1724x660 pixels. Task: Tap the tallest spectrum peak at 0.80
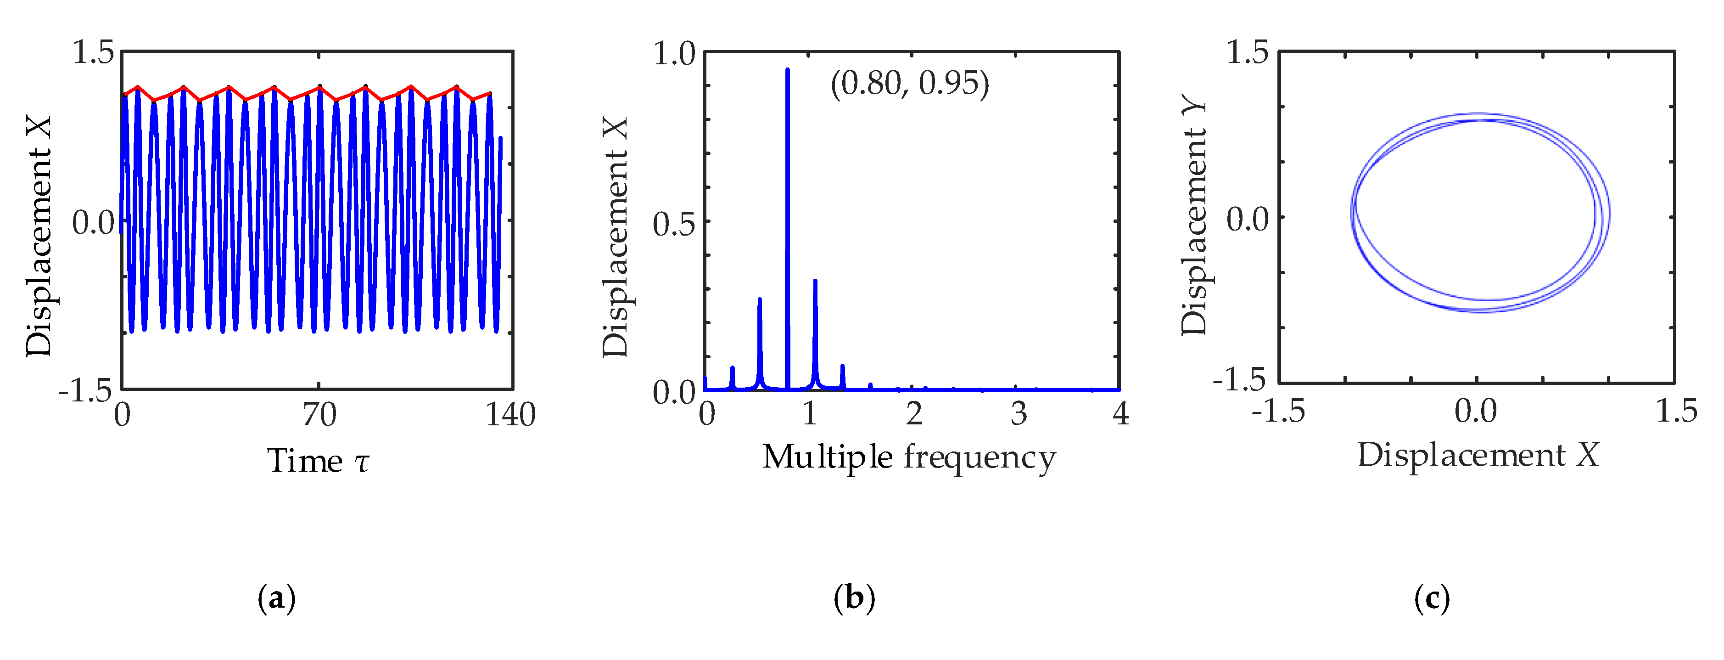coord(787,71)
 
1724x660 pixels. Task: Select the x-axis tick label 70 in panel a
coord(319,415)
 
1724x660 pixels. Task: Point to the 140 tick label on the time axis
coord(510,415)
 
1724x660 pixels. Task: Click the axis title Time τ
coord(318,461)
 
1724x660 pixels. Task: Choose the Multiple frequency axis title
coord(909,458)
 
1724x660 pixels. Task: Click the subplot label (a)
coord(276,598)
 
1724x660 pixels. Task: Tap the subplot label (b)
coord(854,598)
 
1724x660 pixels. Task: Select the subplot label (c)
coord(1432,598)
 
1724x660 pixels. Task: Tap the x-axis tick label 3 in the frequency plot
coord(1019,414)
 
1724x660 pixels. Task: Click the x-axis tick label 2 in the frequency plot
coord(914,414)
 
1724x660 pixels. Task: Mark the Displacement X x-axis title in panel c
coord(1478,456)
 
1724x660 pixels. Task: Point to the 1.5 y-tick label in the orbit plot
coord(1247,52)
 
